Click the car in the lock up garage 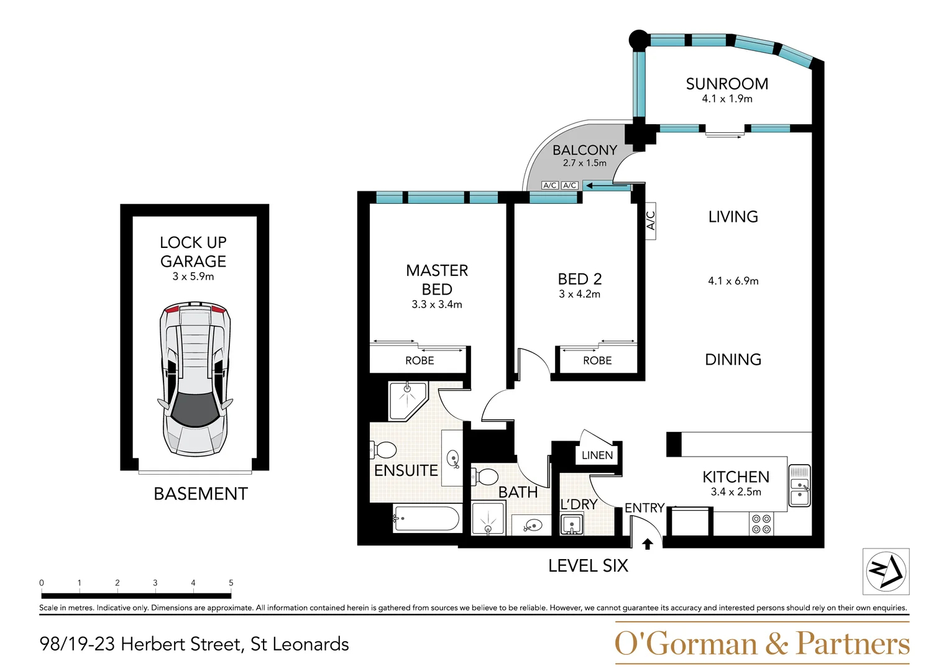tap(195, 380)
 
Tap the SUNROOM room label tap(727, 84)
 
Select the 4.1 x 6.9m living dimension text tap(733, 281)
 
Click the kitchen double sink tap(799, 485)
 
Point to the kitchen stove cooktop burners tap(761, 524)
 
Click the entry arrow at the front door tap(647, 544)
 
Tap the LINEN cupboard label tap(597, 455)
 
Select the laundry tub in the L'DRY tap(572, 525)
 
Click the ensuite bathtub tap(426, 519)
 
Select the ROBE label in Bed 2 tap(597, 360)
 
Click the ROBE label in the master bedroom tap(419, 360)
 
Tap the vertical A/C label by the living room tap(651, 221)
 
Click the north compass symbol tap(886, 571)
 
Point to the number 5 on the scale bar tap(231, 583)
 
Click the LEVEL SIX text tap(588, 565)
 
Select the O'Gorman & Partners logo tap(762, 644)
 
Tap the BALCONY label tap(584, 150)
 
